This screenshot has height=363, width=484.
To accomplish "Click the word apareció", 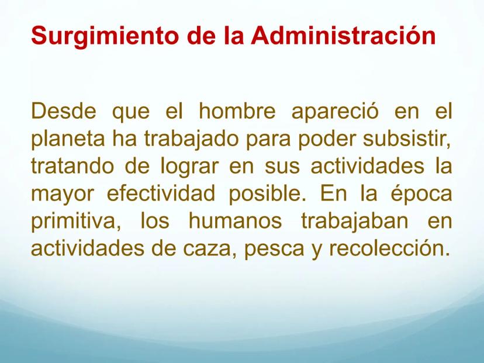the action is coord(335,112).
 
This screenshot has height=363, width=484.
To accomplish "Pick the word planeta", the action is coord(68,140).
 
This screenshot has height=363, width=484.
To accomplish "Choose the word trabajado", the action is coord(191,140).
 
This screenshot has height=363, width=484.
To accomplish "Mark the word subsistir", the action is coord(406,139).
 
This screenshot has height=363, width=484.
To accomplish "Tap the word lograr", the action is coord(189,167).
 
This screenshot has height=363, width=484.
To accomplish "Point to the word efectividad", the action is coord(161,193).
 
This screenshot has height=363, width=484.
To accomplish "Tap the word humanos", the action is coord(235,221).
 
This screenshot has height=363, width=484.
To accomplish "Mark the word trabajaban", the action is coord(355,222).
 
